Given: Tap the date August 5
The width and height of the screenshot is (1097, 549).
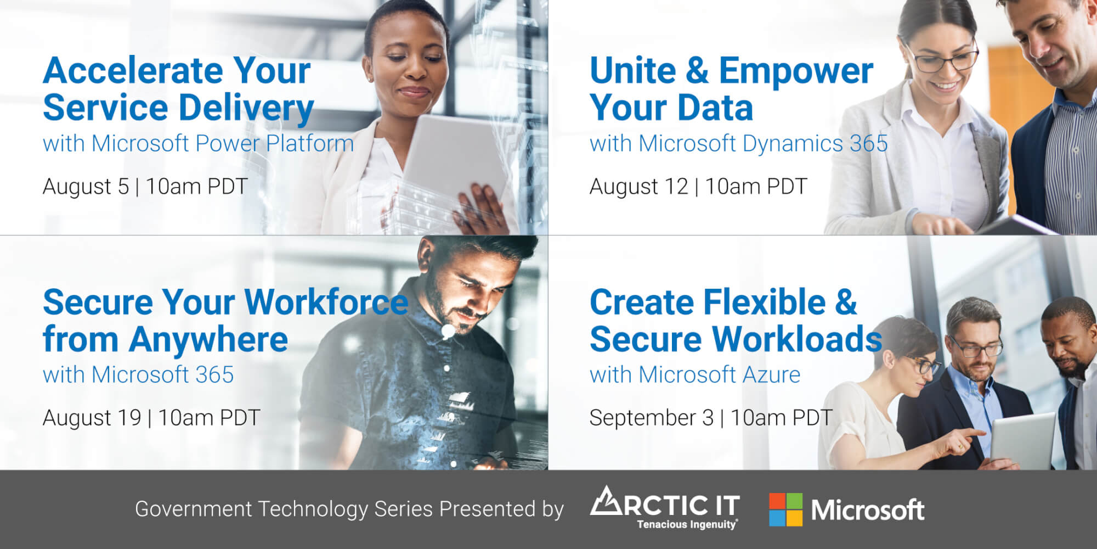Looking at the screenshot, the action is pos(86,187).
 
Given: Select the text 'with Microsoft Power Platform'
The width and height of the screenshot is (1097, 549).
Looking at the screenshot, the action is pos(199,143).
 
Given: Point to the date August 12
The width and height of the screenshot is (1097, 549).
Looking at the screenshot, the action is pos(639,187).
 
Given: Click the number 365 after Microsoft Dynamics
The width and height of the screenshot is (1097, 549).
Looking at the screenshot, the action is pos(869,143).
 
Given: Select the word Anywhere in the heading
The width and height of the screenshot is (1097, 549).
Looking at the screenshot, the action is pos(208,340).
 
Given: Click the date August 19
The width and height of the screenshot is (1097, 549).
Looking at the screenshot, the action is pos(92,418).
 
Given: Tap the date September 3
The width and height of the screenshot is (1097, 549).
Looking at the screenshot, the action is pos(652,418).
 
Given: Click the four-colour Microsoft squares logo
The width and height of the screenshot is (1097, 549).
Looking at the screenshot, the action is pos(785,509).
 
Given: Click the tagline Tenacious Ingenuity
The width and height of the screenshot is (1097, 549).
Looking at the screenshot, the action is pos(687,525).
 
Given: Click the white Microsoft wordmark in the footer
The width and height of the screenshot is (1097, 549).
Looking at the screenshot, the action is pos(868,510).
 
